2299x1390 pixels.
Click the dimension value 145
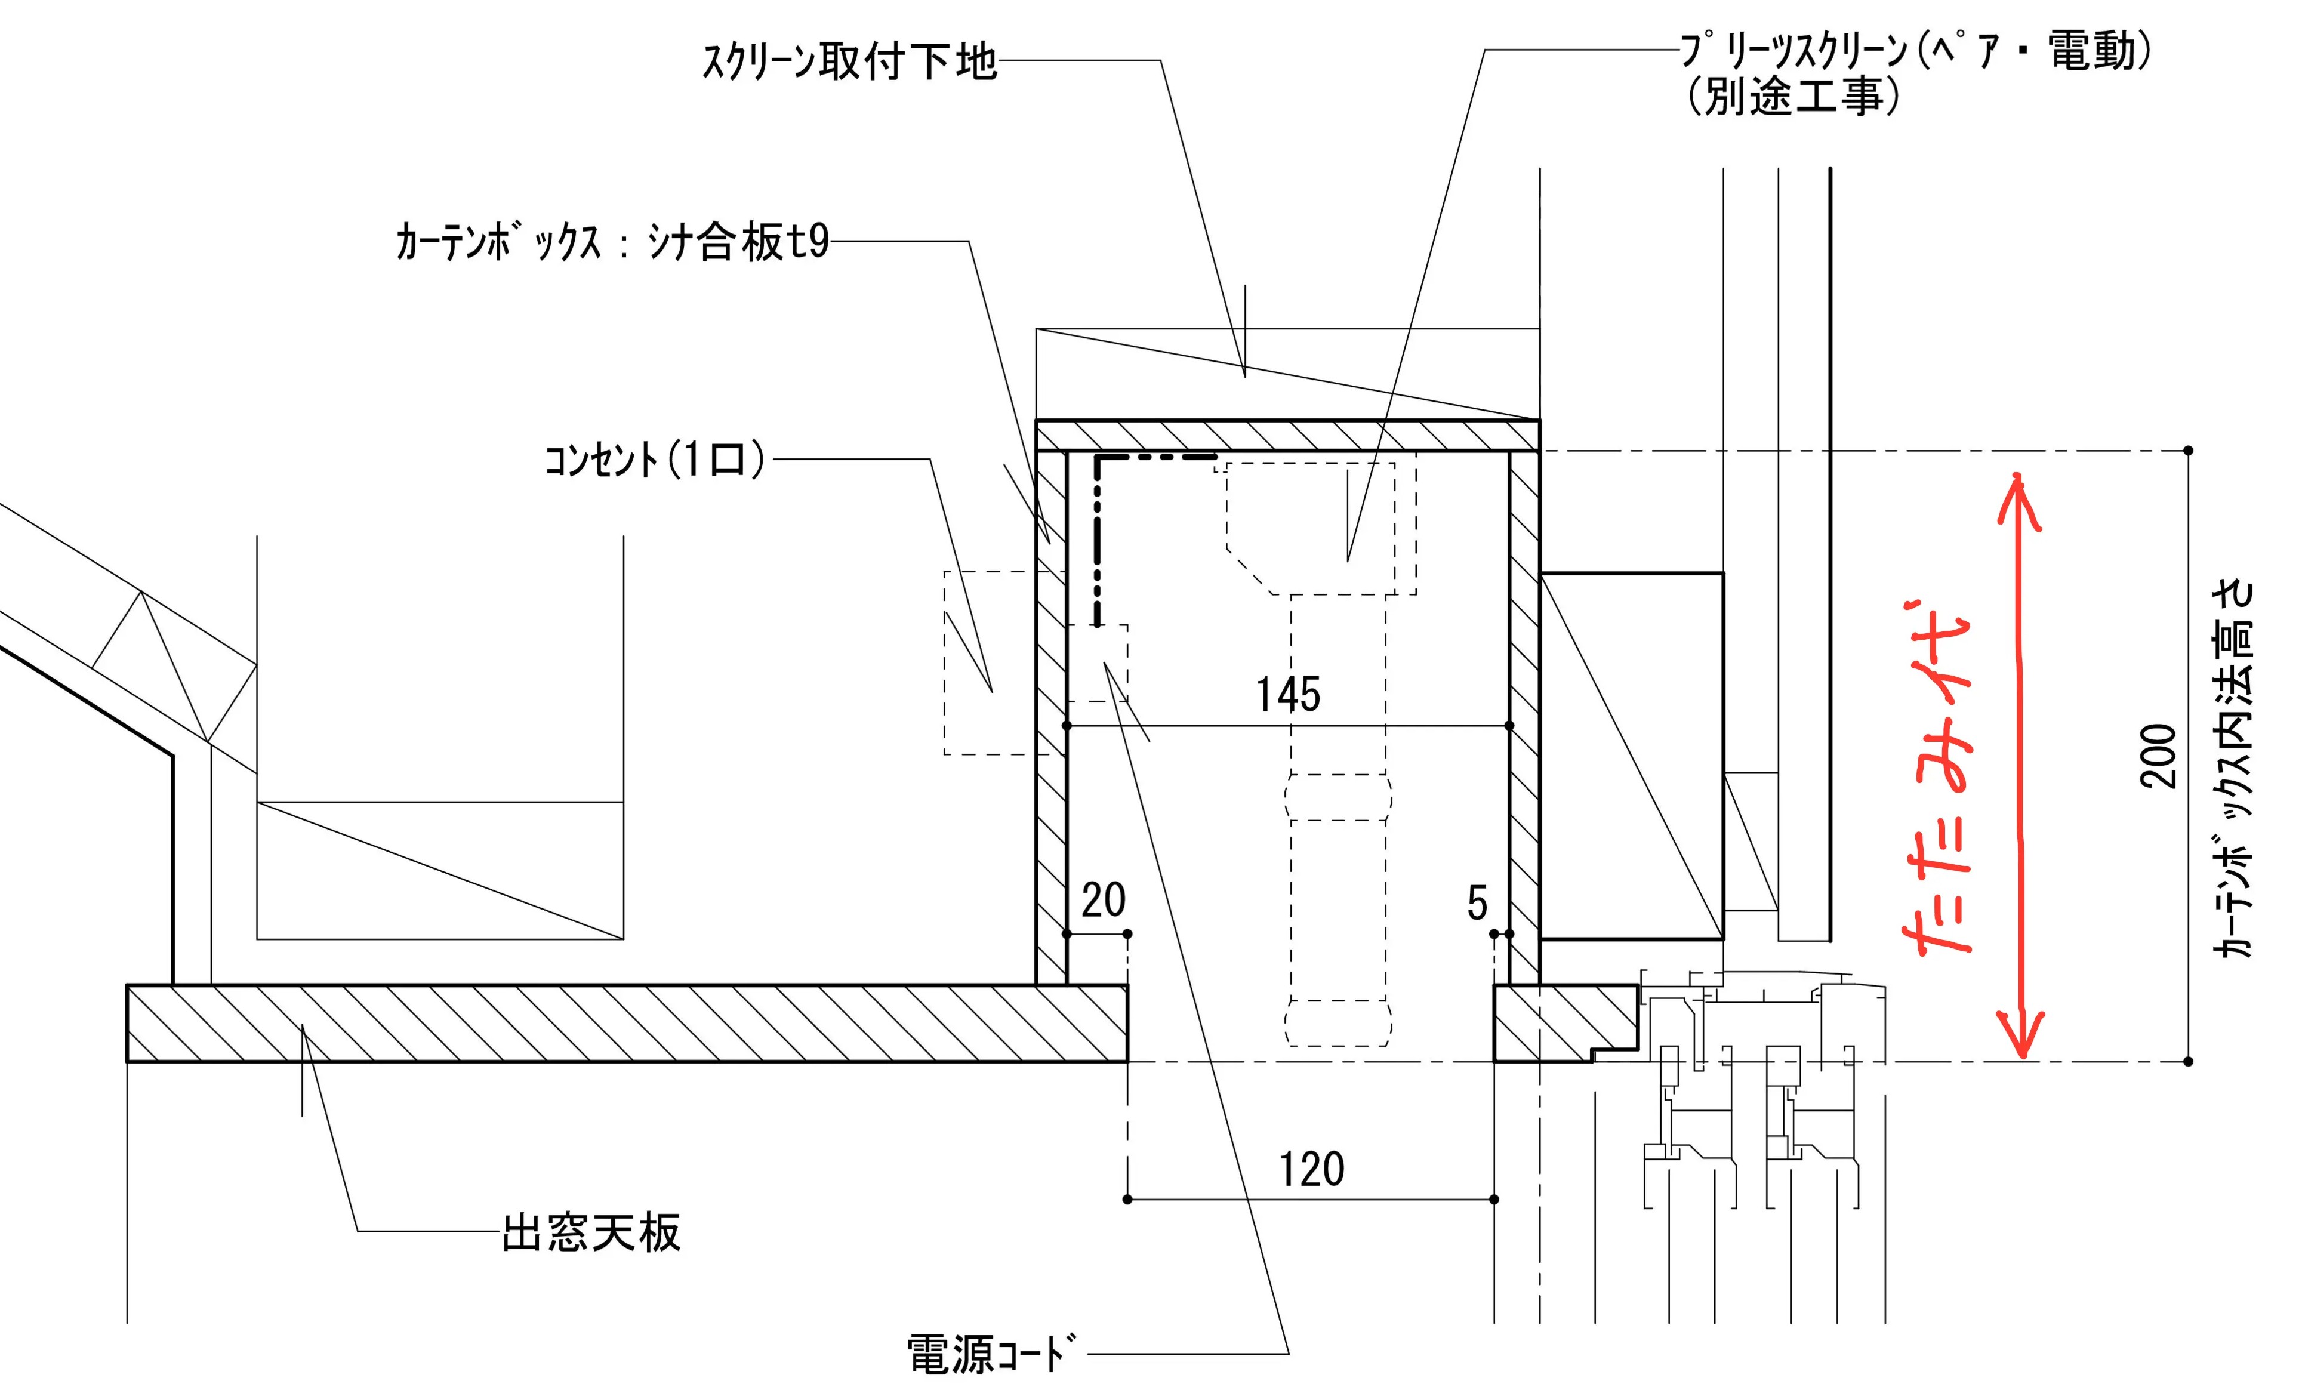pos(1287,695)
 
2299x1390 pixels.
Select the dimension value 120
pos(1311,1170)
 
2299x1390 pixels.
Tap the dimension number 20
pos(1103,900)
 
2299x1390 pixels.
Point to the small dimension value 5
pos(1477,903)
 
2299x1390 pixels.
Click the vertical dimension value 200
pos(2158,756)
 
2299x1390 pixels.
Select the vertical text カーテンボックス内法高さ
pos(2233,770)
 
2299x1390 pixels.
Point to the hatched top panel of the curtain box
pos(1287,436)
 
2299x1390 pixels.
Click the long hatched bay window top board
pos(625,1024)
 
